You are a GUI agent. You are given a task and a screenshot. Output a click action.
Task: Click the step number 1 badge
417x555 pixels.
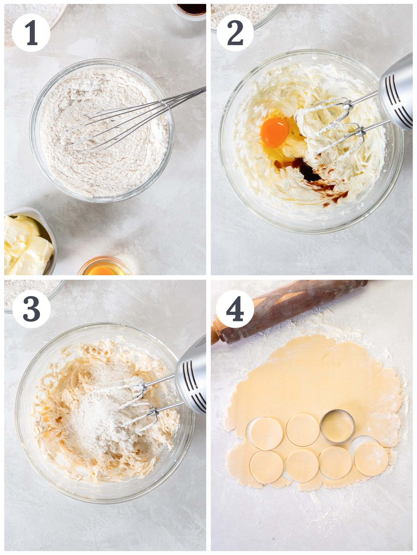(x=31, y=33)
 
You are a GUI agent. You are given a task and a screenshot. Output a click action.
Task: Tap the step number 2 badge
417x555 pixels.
(x=235, y=33)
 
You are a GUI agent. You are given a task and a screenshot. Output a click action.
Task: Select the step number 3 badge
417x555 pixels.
(x=31, y=309)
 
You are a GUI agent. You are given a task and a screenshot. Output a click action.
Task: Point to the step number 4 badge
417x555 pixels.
(x=235, y=309)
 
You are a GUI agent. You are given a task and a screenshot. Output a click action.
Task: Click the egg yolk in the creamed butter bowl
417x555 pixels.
(x=275, y=132)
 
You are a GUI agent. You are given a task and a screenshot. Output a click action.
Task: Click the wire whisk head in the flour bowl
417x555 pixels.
(x=114, y=126)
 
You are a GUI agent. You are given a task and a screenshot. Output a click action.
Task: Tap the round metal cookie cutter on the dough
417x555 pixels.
(x=337, y=426)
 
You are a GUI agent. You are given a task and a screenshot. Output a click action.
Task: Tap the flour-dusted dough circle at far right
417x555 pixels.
(x=371, y=459)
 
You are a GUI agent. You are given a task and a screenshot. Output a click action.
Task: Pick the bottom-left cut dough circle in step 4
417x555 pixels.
(x=266, y=466)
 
